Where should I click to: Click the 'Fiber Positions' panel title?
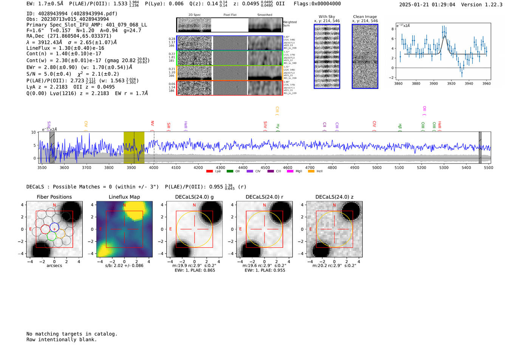click(54, 197)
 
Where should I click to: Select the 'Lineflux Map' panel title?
click(124, 197)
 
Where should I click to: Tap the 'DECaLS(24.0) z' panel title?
click(334, 197)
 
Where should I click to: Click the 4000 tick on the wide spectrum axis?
click(154, 168)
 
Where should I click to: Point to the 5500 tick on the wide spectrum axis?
click(489, 168)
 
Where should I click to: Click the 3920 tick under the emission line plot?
click(451, 83)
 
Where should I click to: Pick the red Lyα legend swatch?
click(210, 172)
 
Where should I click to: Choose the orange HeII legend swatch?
click(311, 172)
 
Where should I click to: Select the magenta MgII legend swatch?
click(290, 172)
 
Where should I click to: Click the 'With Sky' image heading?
click(327, 17)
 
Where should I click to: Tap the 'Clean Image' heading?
click(365, 17)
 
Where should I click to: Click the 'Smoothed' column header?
click(264, 15)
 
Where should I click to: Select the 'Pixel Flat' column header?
click(230, 15)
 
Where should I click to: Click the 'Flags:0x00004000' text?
click(317, 4)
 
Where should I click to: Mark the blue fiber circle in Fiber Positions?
click(54, 228)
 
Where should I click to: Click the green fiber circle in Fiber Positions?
click(52, 236)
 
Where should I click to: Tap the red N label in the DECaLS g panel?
click(194, 205)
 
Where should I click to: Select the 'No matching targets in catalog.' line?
click(72, 334)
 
